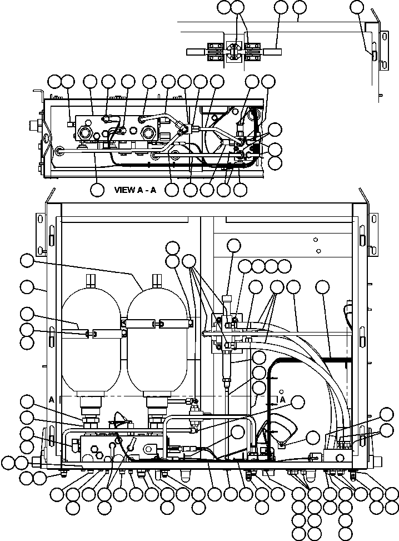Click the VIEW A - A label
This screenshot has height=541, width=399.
pos(135,190)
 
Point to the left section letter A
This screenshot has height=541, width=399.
pos(52,399)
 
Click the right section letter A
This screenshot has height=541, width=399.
pos(282,400)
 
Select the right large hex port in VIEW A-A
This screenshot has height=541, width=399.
pos(148,132)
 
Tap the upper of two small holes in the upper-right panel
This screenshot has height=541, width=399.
pos(315,240)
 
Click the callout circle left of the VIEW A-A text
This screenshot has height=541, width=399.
pos(97,189)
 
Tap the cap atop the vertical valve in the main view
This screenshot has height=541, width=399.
pos(228,299)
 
